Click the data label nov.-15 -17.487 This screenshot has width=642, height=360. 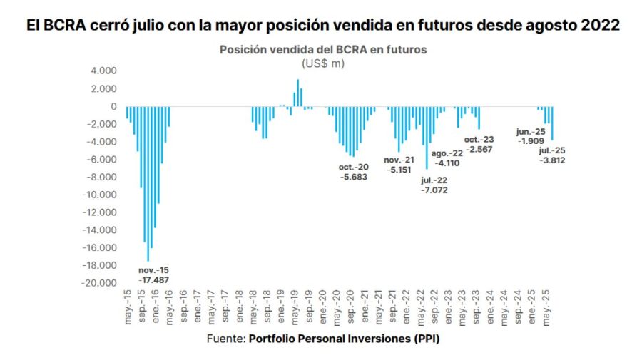click(155, 275)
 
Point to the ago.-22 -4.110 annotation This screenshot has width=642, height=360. click(448, 158)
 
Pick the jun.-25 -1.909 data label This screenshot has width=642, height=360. click(531, 136)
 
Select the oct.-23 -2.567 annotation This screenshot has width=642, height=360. click(479, 144)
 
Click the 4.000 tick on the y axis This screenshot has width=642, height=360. click(103, 71)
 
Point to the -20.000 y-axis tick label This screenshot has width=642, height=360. click(100, 283)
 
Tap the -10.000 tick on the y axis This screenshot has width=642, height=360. click(100, 195)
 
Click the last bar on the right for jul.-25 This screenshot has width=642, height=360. click(552, 123)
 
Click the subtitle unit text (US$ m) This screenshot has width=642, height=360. click(322, 63)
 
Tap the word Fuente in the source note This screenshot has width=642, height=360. click(225, 339)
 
